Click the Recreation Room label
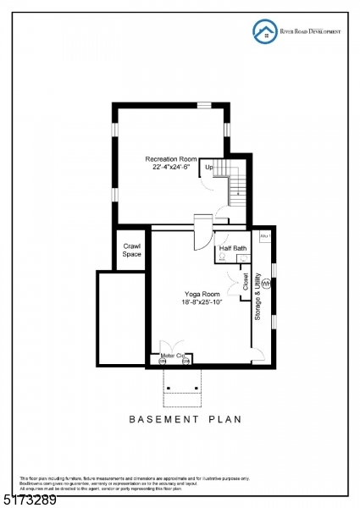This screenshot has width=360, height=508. click(171, 159)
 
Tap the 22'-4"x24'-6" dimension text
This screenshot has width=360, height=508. click(171, 168)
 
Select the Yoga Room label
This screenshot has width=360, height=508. click(199, 294)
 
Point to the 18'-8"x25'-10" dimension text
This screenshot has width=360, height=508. click(201, 302)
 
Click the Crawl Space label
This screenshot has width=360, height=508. click(132, 251)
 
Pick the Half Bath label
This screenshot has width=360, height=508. click(233, 248)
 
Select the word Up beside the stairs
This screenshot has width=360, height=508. click(208, 167)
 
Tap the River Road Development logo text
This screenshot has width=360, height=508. click(311, 31)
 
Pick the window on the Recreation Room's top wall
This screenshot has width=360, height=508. click(204, 105)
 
